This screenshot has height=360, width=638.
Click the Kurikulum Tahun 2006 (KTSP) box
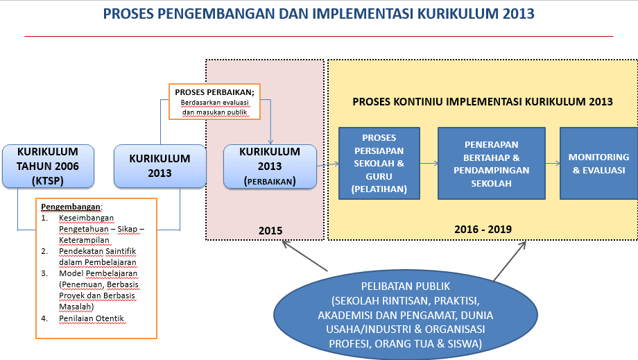48,166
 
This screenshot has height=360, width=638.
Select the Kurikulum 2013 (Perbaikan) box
270,166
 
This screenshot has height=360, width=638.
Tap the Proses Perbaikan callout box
214,102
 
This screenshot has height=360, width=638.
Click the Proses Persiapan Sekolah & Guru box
379,163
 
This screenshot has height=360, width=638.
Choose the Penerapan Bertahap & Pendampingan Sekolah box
492,163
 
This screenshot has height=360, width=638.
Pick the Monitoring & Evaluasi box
598,163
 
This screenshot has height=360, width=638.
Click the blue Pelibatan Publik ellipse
406,314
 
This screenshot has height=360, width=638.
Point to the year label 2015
270,231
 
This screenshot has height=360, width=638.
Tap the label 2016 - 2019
483,230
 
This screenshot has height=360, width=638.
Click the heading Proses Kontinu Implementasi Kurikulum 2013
483,102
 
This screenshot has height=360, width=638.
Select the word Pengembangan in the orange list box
71,207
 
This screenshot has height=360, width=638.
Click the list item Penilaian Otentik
92,318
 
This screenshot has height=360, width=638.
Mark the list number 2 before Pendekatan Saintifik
44,251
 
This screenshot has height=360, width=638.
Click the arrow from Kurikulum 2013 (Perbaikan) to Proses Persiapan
327,164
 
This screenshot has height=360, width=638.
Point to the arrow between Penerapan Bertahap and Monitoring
553,164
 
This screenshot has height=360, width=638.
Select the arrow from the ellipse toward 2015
304,256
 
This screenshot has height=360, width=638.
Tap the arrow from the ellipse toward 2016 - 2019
510,261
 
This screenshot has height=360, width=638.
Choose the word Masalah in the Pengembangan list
76,307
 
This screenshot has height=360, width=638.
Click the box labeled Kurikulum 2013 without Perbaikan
160,166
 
